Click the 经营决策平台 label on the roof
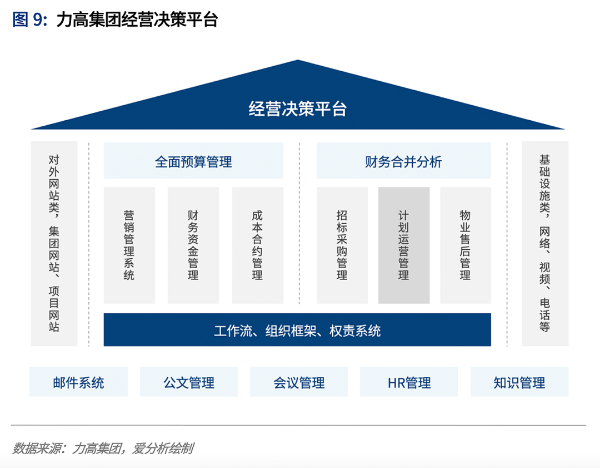click(298, 109)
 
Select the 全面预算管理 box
click(193, 161)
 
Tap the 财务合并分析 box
click(403, 161)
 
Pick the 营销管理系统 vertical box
click(129, 245)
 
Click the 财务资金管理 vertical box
click(193, 245)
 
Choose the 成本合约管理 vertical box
click(257, 245)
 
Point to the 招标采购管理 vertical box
click(342, 245)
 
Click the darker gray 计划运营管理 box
click(404, 245)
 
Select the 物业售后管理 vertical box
click(466, 245)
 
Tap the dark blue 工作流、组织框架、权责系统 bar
click(297, 330)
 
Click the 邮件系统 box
click(78, 382)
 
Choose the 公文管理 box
click(189, 382)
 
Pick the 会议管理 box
click(299, 382)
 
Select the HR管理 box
click(409, 382)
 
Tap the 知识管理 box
click(519, 382)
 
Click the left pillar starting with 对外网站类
click(54, 243)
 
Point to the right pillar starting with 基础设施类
click(545, 243)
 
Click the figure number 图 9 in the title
click(27, 21)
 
